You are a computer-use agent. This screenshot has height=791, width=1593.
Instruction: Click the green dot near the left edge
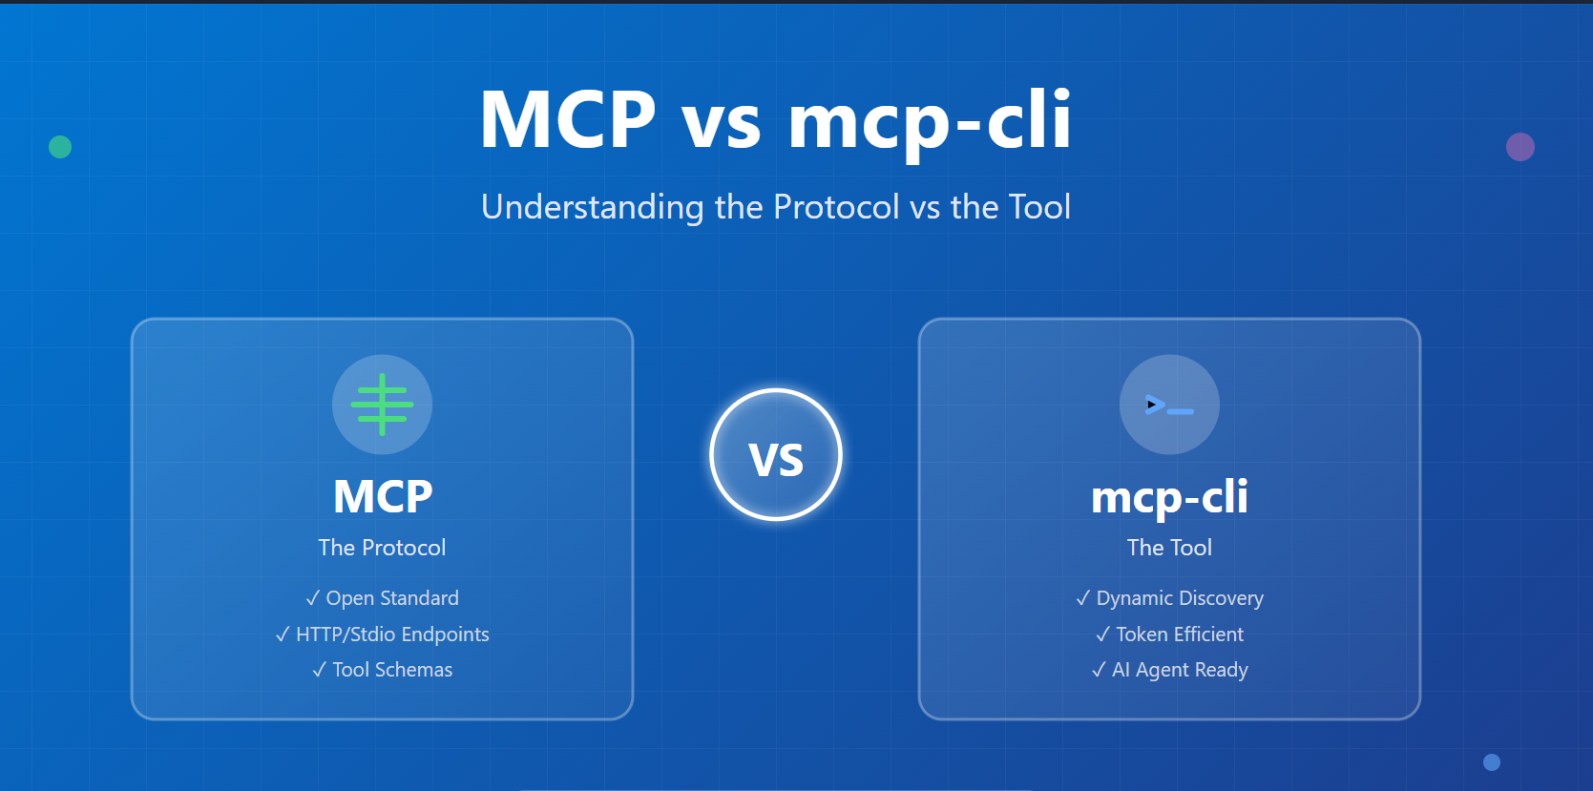(x=60, y=147)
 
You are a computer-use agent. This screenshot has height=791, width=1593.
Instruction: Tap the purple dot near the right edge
(x=1520, y=147)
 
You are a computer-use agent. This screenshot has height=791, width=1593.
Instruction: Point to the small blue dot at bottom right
(x=1491, y=762)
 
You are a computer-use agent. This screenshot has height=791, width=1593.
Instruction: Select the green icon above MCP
(x=382, y=405)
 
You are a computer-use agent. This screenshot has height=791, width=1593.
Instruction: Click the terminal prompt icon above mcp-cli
(x=1169, y=405)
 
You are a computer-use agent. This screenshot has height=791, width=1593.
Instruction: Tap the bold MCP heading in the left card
(x=383, y=496)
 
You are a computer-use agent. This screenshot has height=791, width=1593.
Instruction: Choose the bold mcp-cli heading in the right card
(x=1169, y=497)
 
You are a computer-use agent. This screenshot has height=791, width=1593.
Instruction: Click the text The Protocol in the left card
(x=382, y=548)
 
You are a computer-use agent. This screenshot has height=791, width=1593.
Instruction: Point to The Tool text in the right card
(x=1169, y=548)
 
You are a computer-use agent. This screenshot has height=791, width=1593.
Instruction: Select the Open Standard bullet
(x=382, y=598)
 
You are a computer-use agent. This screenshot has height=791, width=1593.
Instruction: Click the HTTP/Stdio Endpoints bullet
(x=382, y=634)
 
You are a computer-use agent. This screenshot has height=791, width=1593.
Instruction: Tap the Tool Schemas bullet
(x=382, y=670)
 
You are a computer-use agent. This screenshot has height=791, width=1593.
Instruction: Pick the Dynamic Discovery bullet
(x=1169, y=598)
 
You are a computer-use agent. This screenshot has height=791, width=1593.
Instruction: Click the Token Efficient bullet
(x=1169, y=634)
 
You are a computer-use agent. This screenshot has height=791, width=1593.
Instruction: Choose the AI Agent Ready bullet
(x=1169, y=670)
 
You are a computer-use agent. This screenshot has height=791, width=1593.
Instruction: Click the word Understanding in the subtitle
(x=593, y=207)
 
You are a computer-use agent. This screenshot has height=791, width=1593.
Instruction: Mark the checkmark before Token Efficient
(x=1102, y=634)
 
